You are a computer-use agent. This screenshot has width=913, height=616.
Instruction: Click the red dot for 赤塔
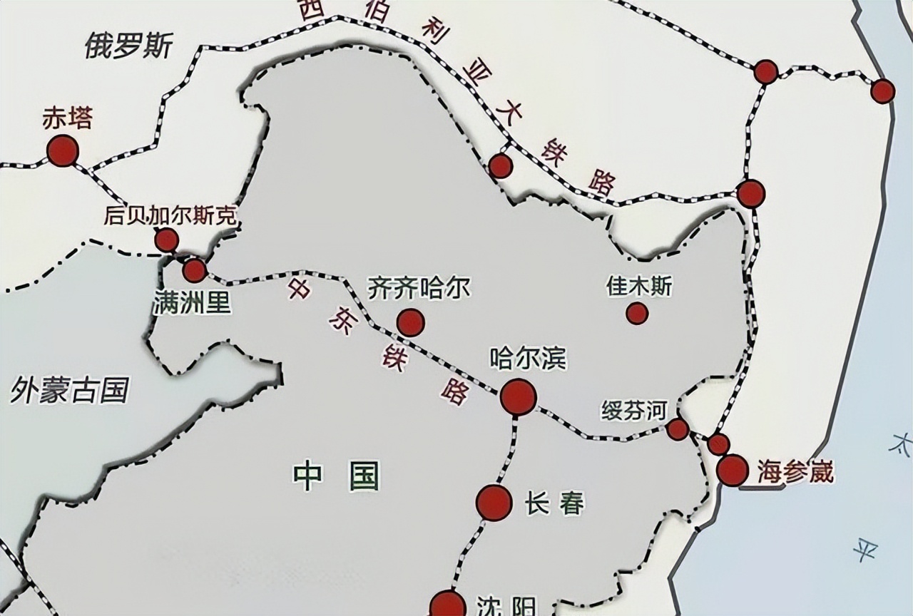(62, 151)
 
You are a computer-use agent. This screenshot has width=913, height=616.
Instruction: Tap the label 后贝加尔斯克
(170, 215)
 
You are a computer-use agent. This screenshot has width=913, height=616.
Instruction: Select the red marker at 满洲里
(194, 271)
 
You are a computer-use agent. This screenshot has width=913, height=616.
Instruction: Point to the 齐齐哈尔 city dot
(411, 323)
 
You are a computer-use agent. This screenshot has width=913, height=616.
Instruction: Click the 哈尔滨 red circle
(518, 397)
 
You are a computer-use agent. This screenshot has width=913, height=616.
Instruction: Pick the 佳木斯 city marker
(637, 313)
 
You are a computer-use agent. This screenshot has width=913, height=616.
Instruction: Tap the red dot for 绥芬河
(678, 429)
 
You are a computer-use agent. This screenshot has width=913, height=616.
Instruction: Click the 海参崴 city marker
(733, 471)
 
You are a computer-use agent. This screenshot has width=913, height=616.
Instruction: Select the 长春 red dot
(494, 503)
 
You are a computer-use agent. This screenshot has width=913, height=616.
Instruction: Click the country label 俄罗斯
(128, 46)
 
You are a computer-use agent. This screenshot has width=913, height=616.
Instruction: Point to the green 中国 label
(336, 476)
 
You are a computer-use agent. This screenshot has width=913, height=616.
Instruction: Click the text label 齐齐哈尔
(419, 289)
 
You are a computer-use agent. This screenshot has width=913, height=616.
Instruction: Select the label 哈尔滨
(518, 358)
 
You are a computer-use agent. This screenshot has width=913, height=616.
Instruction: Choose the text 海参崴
(795, 472)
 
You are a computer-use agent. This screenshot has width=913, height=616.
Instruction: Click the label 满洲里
(192, 303)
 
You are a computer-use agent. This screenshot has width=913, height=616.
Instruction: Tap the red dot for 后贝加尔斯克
(167, 240)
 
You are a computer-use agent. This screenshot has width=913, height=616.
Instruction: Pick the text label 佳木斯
(639, 287)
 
